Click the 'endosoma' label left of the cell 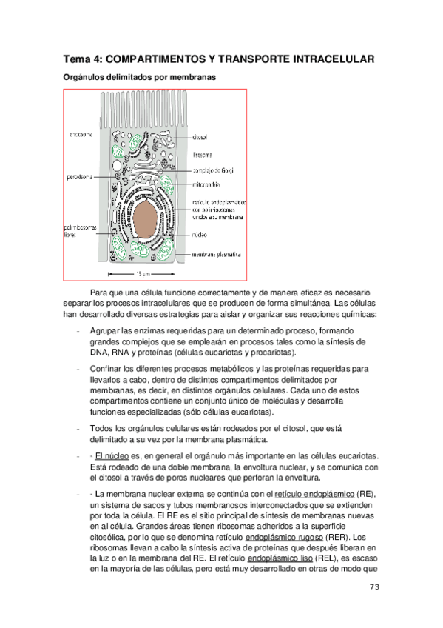81,134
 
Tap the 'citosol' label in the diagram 200,138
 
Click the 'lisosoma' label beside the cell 202,155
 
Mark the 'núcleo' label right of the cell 199,234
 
